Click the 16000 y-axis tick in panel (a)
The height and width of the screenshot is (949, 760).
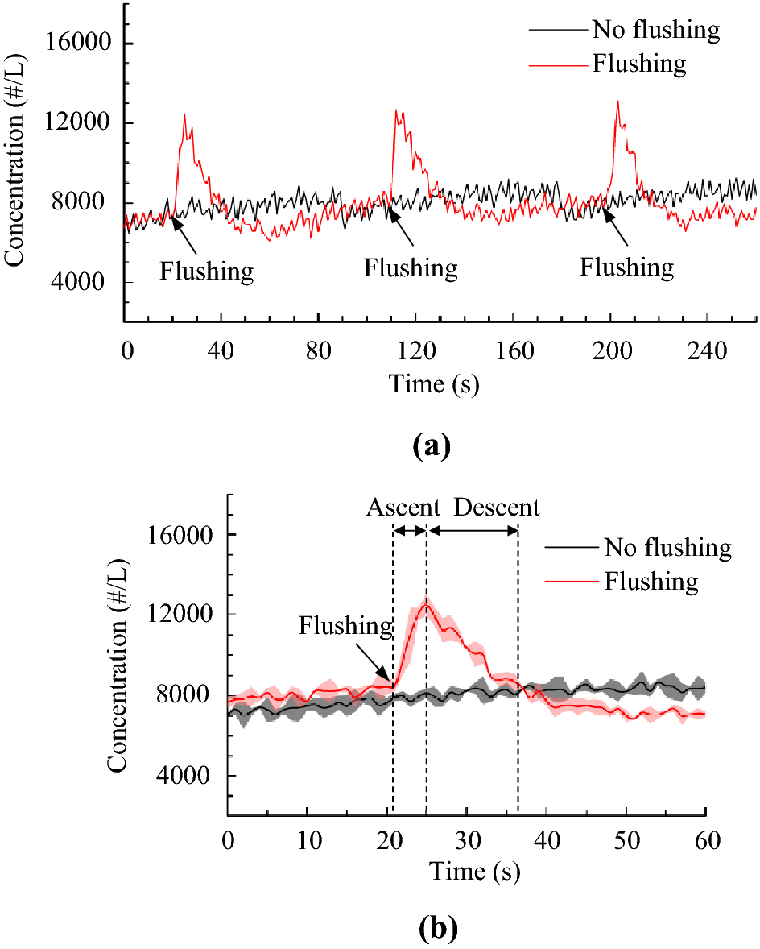point(82,44)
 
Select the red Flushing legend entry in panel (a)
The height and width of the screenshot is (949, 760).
point(639,63)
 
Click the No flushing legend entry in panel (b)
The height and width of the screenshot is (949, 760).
point(667,548)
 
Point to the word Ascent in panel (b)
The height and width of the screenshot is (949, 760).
point(404,508)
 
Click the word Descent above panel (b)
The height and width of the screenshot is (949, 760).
point(496,508)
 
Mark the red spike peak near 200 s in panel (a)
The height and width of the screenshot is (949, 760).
point(617,102)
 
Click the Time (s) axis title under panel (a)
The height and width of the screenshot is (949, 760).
point(435,384)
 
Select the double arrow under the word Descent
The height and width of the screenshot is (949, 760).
point(473,530)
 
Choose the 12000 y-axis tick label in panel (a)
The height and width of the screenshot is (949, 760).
point(82,123)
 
